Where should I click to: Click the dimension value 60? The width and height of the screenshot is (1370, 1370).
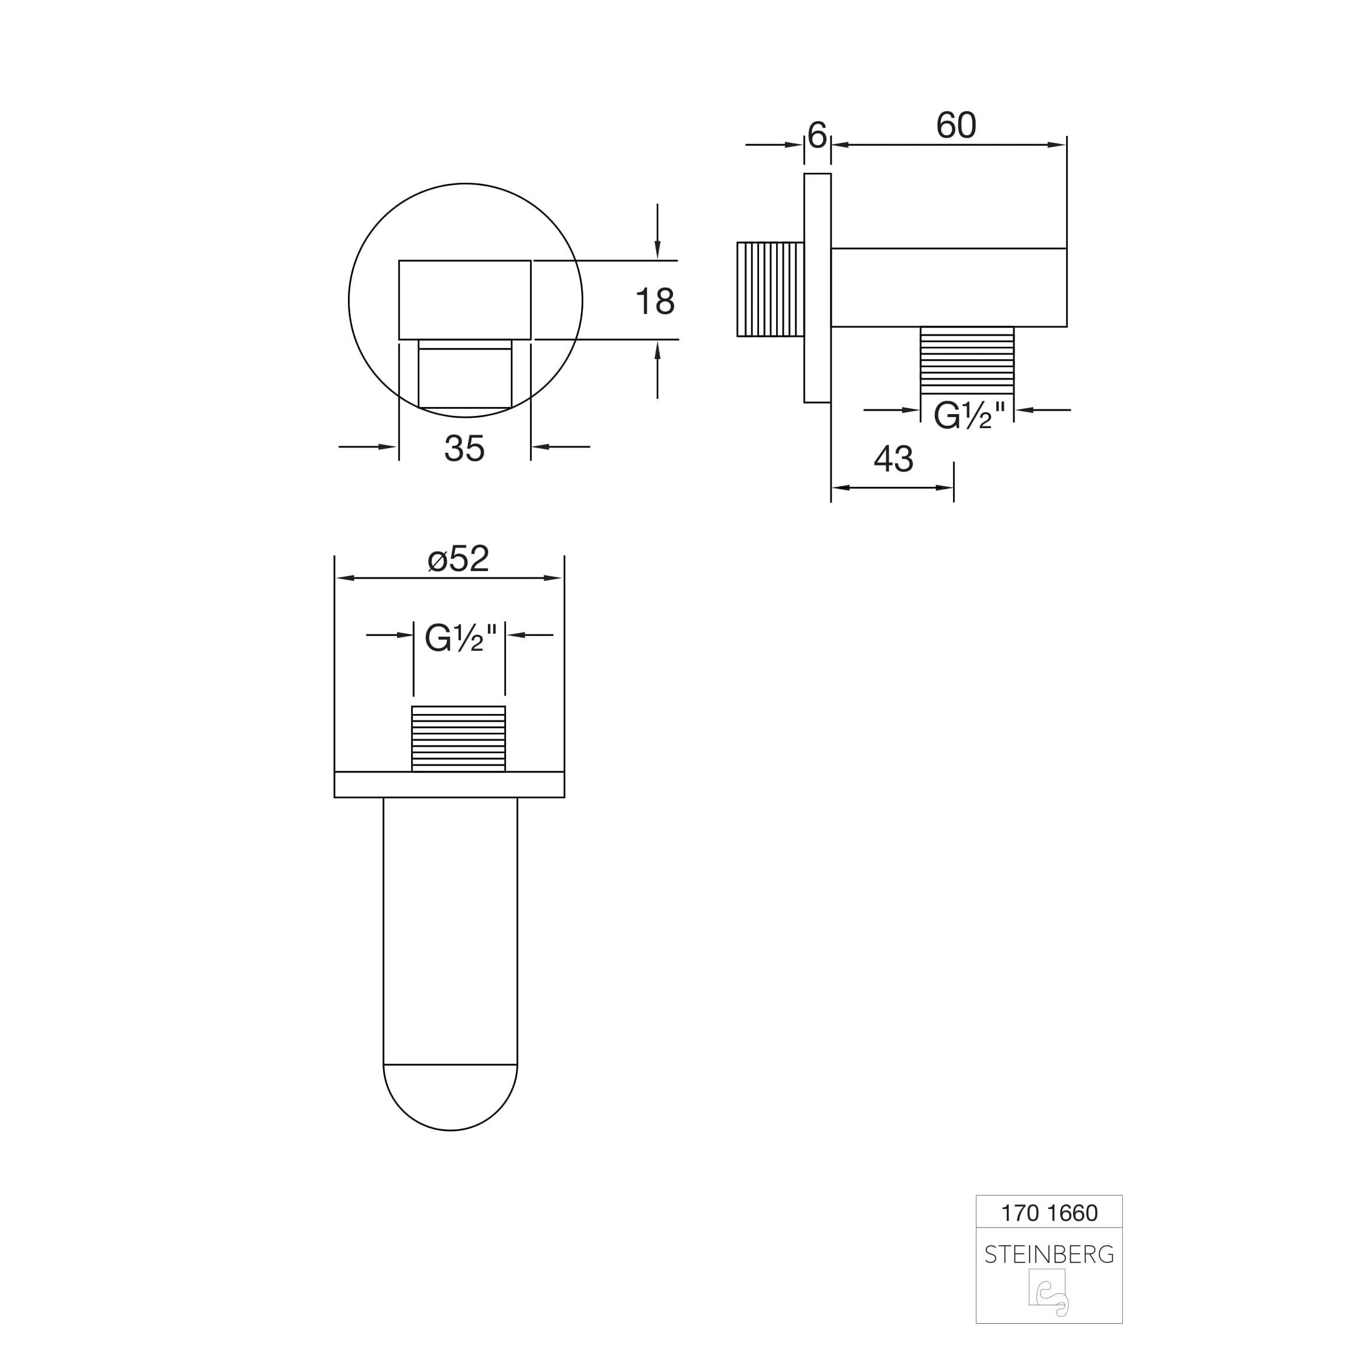956,125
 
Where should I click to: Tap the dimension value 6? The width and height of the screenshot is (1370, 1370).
817,135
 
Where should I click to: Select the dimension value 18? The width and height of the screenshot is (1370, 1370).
654,302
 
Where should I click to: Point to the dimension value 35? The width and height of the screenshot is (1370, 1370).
464,448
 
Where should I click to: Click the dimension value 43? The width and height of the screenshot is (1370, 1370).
893,460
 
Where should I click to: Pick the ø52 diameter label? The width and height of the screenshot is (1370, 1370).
458,559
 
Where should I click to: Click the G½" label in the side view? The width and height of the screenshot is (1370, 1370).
969,415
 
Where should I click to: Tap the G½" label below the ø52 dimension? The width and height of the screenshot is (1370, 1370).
460,637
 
